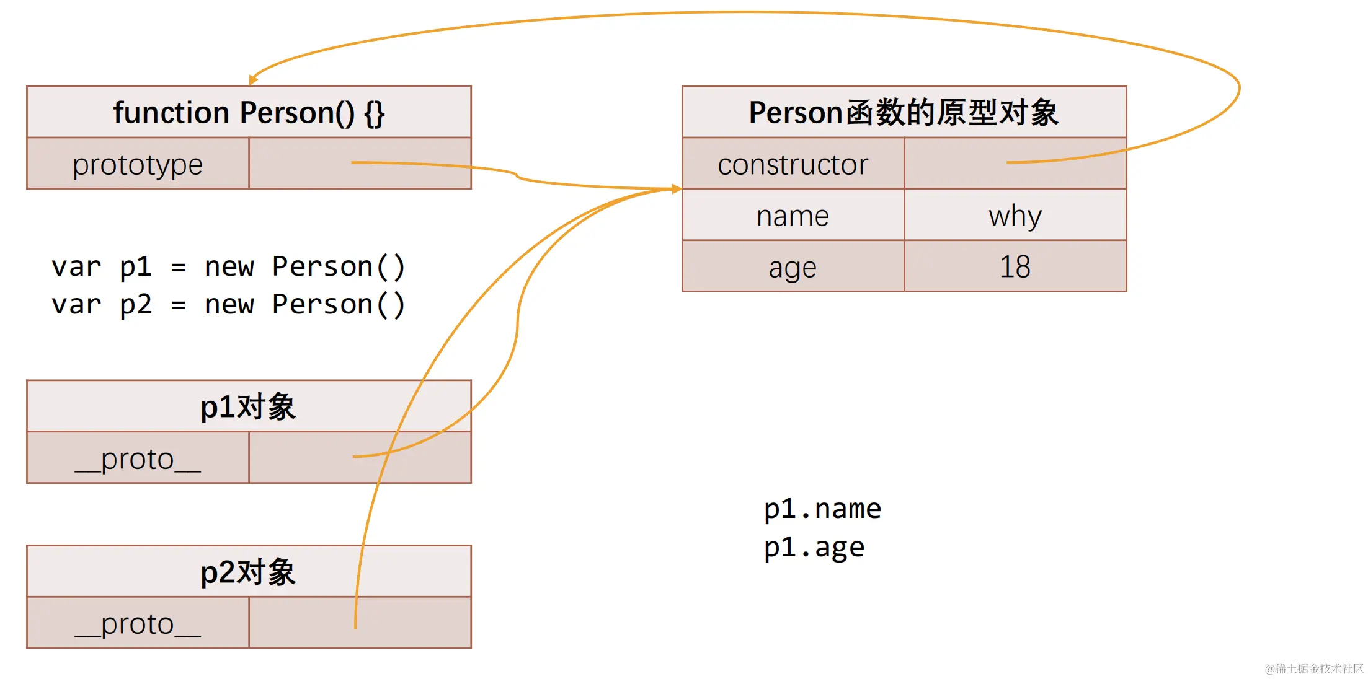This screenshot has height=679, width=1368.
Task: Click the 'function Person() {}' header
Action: (x=249, y=113)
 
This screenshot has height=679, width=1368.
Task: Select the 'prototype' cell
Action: (x=138, y=164)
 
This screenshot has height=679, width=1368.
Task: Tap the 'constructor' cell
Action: (x=793, y=164)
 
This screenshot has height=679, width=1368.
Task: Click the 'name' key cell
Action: (x=793, y=216)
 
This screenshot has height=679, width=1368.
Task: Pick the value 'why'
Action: (x=1015, y=216)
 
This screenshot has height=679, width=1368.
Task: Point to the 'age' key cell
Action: (x=793, y=267)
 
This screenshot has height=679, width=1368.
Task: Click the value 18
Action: (x=1015, y=267)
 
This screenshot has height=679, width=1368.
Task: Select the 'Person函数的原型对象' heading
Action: (x=904, y=113)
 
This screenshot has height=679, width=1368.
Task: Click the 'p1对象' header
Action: (x=249, y=406)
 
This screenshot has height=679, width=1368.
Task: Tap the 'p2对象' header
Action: (x=249, y=572)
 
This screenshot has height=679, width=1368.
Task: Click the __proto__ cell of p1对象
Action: (x=138, y=458)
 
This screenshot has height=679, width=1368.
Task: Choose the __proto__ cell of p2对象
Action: (x=138, y=623)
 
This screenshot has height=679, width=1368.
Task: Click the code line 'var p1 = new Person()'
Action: (x=228, y=266)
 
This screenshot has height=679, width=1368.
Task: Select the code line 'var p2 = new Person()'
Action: (x=228, y=304)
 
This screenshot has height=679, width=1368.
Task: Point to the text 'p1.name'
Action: (x=822, y=509)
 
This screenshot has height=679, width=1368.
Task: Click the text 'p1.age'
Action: (x=814, y=547)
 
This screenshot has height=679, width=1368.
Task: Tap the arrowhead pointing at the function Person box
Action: (x=253, y=79)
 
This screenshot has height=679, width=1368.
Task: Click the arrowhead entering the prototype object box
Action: (x=677, y=189)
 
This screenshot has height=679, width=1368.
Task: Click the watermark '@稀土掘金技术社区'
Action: (x=1314, y=668)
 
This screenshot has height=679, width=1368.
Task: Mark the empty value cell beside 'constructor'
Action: (x=1015, y=164)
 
